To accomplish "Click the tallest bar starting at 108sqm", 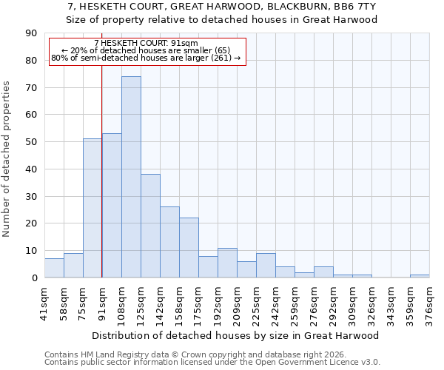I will click(131, 177).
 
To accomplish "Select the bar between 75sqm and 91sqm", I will click(92, 208).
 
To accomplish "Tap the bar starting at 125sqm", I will click(150, 226).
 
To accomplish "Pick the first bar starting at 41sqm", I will click(54, 268).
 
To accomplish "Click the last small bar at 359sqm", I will click(420, 276).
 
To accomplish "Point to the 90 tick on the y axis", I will click(33, 33).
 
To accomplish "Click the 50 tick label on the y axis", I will click(33, 142).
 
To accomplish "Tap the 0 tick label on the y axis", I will click(35, 278).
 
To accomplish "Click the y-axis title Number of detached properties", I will click(7, 159).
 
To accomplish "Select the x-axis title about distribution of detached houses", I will click(236, 335).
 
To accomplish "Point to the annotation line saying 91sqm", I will click(147, 43).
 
